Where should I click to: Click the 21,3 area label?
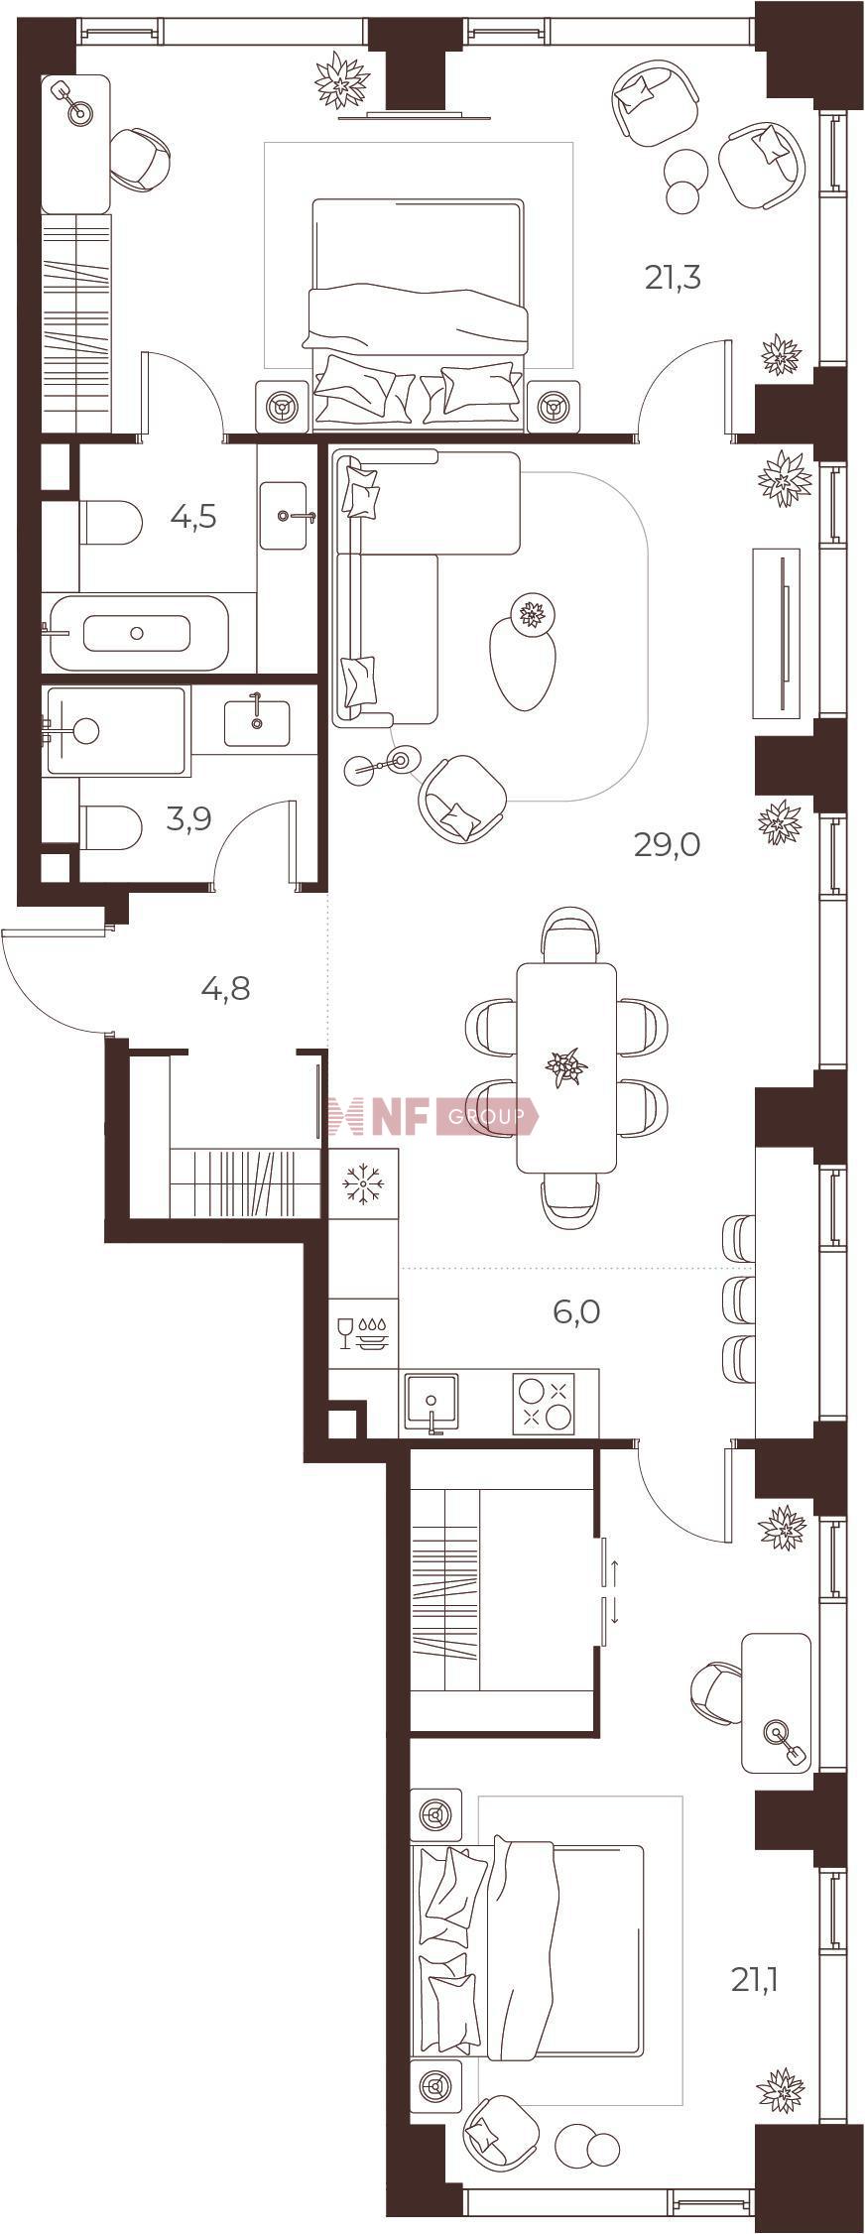tap(673, 278)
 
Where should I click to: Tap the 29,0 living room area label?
tap(668, 845)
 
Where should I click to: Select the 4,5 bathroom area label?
tap(192, 517)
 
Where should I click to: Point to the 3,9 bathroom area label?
tap(188, 820)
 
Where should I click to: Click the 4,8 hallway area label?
tap(225, 988)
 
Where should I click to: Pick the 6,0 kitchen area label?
tap(576, 1311)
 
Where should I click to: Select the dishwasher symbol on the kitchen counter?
tap(363, 1333)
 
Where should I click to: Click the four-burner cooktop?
tap(544, 1404)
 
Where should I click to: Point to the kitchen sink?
tap(431, 1404)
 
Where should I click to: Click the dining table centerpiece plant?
tap(566, 1067)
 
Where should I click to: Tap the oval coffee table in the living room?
tap(521, 659)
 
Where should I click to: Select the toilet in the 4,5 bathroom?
tap(108, 523)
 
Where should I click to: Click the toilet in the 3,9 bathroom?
tap(108, 827)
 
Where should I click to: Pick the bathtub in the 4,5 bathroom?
tap(137, 632)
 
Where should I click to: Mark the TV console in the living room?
tap(777, 633)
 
